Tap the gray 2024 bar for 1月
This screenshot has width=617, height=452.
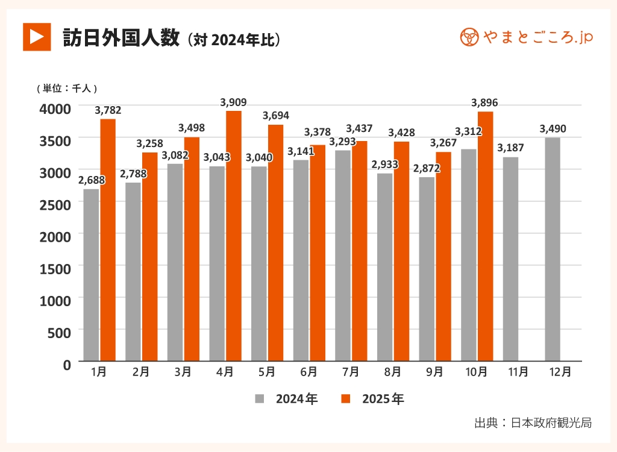coord(91,275)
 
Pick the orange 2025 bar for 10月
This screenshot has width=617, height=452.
coord(485,236)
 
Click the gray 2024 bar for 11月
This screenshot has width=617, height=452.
coord(510,259)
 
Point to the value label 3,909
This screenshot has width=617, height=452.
coord(234,102)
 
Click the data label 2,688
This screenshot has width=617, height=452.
coord(91,180)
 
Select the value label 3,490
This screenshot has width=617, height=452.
coord(553,129)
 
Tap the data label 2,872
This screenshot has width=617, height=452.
coord(427,168)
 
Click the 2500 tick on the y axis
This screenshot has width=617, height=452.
coord(55,204)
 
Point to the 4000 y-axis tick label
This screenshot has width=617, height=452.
coord(55,108)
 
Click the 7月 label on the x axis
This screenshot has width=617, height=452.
coord(351,372)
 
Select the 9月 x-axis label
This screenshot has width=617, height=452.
coord(434,372)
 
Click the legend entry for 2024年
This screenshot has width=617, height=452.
coord(287,399)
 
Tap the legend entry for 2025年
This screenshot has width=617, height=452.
coord(374,399)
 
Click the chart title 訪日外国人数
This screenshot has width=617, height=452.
coord(121,37)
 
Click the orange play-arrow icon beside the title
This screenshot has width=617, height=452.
coord(37,37)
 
